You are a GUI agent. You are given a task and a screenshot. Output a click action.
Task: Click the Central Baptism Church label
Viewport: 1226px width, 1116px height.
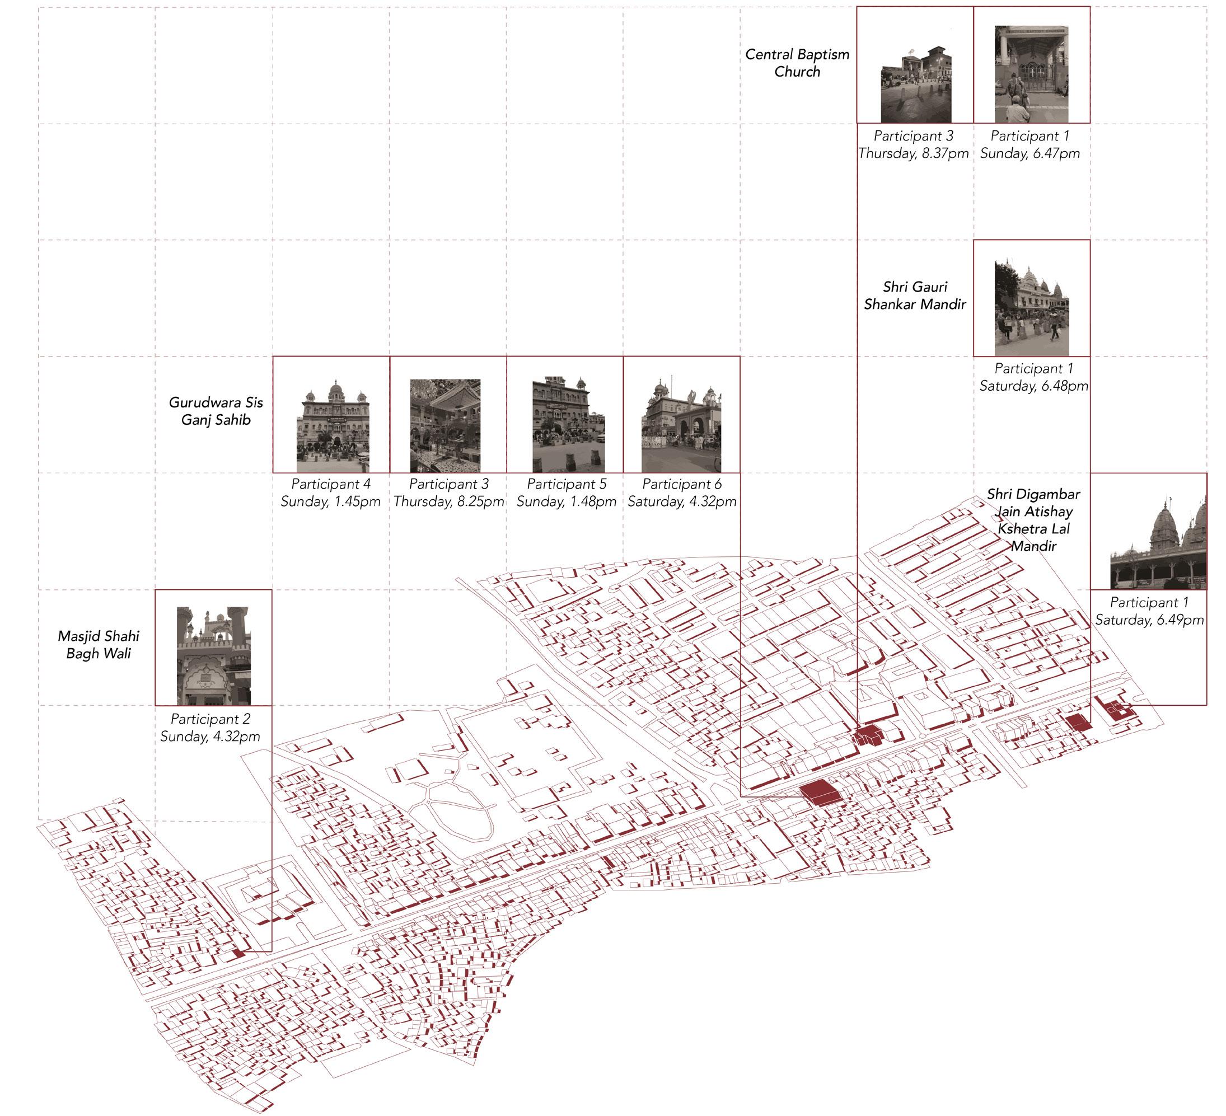(x=797, y=63)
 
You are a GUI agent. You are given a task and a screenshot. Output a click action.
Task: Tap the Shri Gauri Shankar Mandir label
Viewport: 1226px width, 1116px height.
(x=915, y=296)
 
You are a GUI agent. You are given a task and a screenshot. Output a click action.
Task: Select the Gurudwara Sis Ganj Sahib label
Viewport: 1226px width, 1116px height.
(x=216, y=411)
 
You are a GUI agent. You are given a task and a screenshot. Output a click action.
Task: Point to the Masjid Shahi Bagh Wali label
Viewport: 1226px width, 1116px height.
(x=99, y=645)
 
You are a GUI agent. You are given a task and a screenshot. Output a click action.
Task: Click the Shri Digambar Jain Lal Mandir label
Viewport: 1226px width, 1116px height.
(x=1033, y=520)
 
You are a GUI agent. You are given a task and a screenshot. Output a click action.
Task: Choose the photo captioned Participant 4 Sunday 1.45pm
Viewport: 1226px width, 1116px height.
(x=333, y=425)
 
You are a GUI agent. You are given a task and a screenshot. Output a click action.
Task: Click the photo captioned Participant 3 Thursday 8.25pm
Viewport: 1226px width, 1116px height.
(x=445, y=426)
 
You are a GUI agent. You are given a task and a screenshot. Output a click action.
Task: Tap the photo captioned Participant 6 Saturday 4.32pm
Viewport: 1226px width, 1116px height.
(x=681, y=425)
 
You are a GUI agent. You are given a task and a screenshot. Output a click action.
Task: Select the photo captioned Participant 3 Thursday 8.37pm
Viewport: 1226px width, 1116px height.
(x=916, y=85)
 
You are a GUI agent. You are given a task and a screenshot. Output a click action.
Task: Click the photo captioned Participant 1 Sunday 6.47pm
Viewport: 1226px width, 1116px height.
(x=1031, y=74)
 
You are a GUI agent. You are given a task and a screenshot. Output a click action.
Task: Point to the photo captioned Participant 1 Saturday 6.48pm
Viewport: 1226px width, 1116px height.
(x=1031, y=308)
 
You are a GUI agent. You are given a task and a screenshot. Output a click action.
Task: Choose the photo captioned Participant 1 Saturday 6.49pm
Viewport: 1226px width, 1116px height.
(x=1158, y=541)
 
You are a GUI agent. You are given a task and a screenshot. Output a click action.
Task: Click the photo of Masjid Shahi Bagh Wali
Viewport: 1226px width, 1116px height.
(x=213, y=656)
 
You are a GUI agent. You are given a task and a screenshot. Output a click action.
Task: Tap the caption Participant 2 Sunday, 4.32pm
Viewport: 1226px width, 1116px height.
(x=210, y=728)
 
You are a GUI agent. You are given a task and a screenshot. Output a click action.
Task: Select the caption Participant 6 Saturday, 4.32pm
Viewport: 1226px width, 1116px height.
(x=682, y=493)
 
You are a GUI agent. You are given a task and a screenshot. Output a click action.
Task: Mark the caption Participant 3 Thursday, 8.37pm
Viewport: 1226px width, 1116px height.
(x=914, y=144)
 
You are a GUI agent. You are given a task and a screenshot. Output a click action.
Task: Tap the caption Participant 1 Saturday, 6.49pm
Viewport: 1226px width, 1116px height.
(x=1149, y=611)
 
